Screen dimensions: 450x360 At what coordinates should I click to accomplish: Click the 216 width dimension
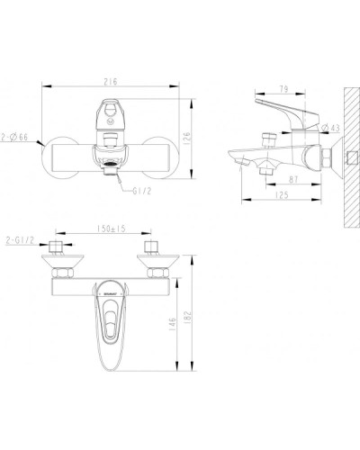110,80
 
